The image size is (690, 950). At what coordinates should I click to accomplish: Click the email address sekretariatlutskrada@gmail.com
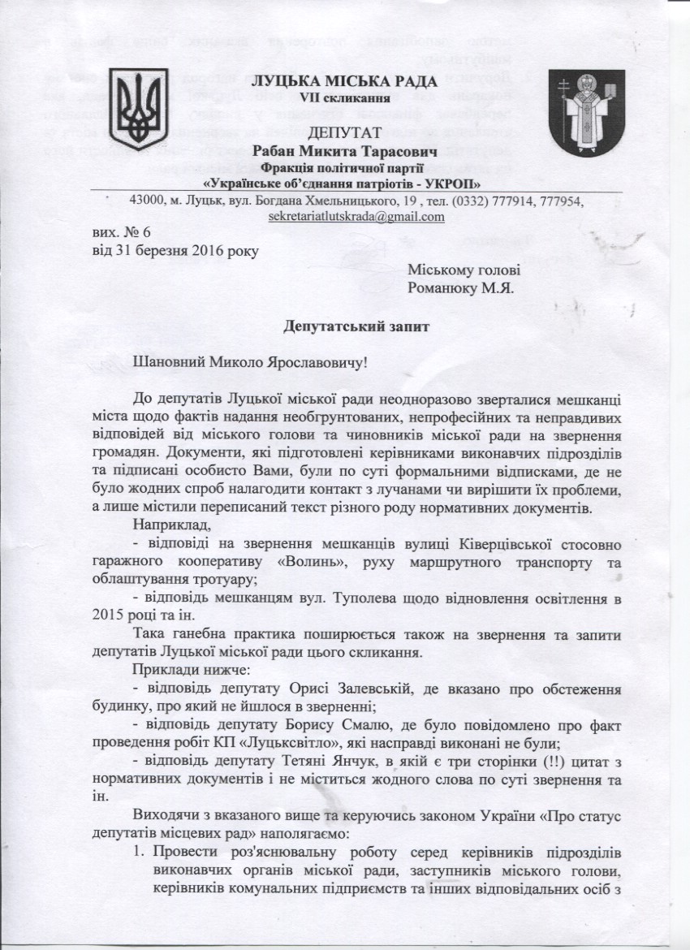coord(356,218)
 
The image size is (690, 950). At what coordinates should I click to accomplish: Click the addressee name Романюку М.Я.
coord(459,287)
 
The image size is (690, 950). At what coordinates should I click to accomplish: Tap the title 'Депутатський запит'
coord(345,327)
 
